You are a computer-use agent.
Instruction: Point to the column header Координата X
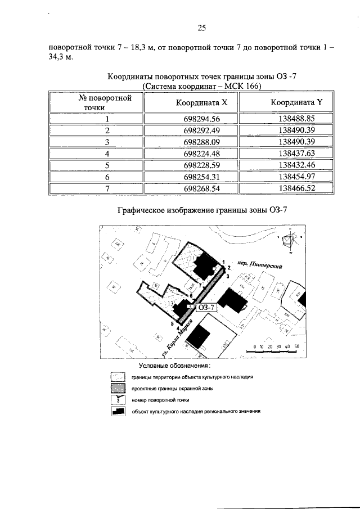(201, 103)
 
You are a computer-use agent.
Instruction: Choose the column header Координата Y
(296, 103)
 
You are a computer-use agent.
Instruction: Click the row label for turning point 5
(106, 165)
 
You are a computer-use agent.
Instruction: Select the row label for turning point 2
(106, 130)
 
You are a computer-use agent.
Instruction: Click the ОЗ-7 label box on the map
(205, 307)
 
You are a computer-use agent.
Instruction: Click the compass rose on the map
(290, 242)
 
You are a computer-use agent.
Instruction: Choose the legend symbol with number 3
(118, 399)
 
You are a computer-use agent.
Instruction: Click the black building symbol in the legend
(118, 411)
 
